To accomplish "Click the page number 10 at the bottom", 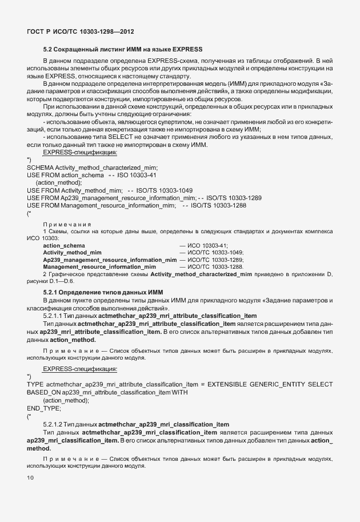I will click(30, 477).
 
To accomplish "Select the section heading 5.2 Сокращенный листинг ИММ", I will click(123, 50).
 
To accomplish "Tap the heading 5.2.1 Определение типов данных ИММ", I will click(103, 292).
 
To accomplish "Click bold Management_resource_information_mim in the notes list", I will click(99, 267).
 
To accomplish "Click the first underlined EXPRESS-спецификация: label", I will click(80, 153).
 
